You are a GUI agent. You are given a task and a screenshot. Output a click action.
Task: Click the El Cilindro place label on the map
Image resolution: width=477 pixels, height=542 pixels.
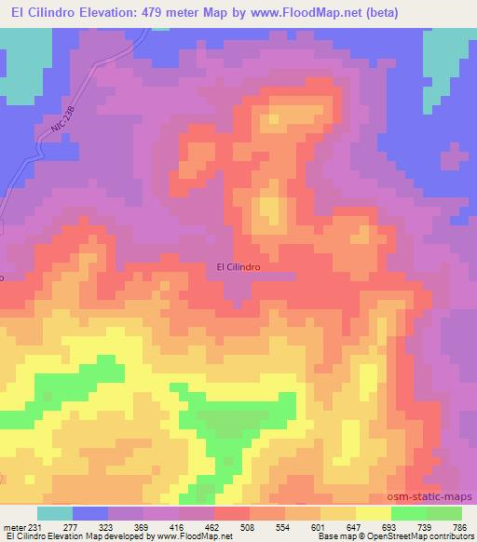[238, 265]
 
